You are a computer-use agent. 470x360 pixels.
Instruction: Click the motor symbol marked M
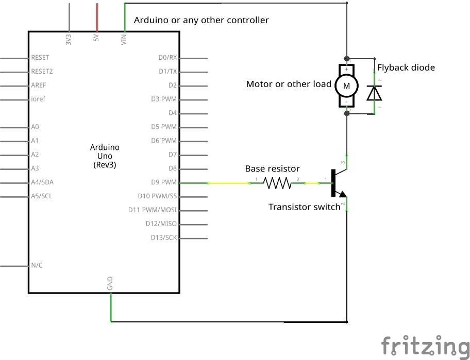346,85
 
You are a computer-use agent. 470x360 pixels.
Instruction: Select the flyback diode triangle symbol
374,93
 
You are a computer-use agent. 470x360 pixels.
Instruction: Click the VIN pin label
124,40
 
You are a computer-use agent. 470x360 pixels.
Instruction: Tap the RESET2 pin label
42,71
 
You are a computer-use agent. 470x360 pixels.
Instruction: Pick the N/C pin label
37,266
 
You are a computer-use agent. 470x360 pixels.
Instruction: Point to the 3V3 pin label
69,40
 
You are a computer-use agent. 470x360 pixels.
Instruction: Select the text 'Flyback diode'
406,67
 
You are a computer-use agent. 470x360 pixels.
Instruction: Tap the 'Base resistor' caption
272,169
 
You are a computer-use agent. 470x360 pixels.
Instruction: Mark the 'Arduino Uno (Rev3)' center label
104,156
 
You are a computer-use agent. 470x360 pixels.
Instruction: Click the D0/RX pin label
167,57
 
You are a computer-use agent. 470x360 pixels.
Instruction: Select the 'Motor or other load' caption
289,84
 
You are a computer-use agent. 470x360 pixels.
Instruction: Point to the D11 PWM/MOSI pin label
153,210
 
